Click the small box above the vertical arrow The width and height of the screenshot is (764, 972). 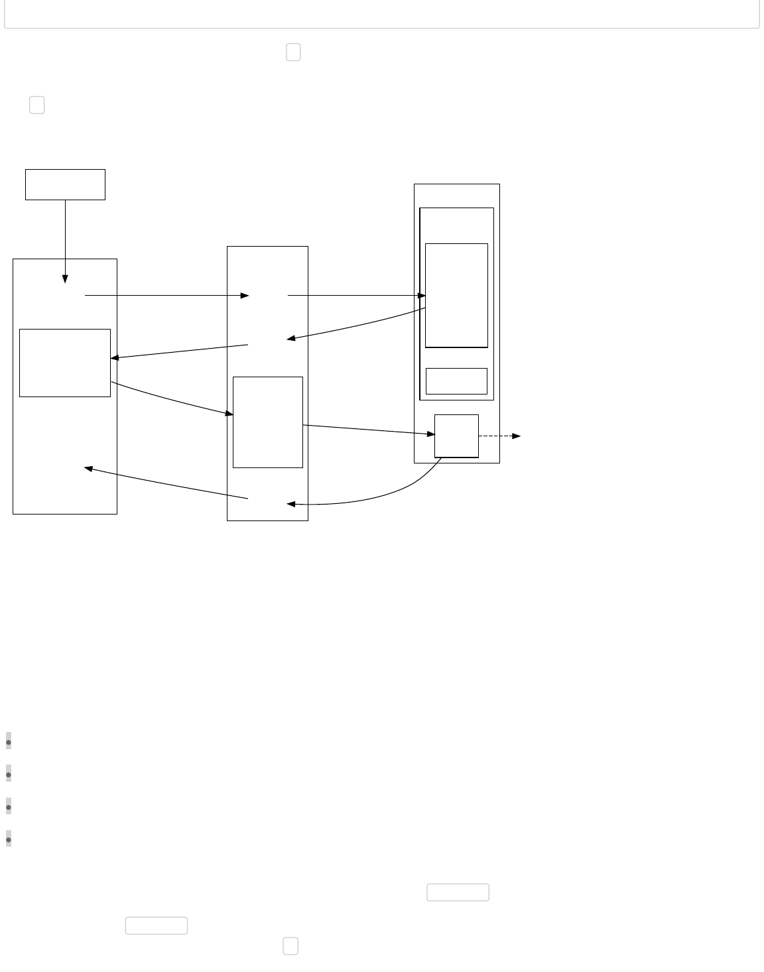tap(65, 184)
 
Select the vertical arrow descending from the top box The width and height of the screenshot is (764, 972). tap(65, 239)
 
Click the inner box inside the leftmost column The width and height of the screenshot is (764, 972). tap(65, 363)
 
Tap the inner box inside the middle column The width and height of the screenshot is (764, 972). tap(268, 422)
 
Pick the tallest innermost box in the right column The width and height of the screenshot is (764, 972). tap(456, 295)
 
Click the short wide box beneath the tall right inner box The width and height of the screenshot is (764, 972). tap(456, 381)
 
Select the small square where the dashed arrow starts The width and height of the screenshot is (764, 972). tap(456, 436)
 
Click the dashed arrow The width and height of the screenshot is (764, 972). tap(499, 436)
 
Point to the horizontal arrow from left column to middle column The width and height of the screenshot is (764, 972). tap(166, 295)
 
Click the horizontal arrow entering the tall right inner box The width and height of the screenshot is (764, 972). tap(355, 295)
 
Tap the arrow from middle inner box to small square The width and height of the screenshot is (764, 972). tap(368, 430)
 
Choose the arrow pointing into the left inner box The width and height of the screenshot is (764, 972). tap(179, 351)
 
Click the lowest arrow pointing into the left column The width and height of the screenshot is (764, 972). tap(166, 483)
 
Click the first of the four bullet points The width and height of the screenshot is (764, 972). tap(9, 742)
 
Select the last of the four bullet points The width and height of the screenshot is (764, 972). tap(9, 839)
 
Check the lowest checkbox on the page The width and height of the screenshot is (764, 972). tap(290, 946)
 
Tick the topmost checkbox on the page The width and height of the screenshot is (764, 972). tap(293, 52)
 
